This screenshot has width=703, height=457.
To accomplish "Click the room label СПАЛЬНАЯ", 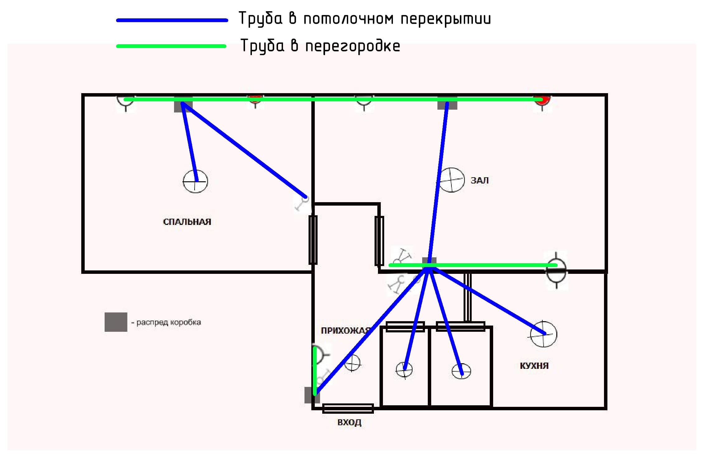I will pyautogui.click(x=187, y=222).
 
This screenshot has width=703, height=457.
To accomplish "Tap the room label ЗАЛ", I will pyautogui.click(x=479, y=180).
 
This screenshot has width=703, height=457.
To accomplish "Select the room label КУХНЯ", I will pyautogui.click(x=534, y=365).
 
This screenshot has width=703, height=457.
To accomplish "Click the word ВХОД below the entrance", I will pyautogui.click(x=349, y=422).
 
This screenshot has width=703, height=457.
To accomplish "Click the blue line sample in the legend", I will pyautogui.click(x=172, y=20).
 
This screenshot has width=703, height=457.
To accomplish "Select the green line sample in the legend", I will pyautogui.click(x=171, y=46).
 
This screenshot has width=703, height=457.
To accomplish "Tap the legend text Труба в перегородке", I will pyautogui.click(x=320, y=46).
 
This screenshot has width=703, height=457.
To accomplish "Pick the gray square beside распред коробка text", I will pyautogui.click(x=116, y=322).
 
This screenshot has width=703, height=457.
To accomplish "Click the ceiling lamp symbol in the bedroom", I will pyautogui.click(x=195, y=181).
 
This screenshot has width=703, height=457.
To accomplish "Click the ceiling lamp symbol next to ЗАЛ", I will pyautogui.click(x=451, y=180).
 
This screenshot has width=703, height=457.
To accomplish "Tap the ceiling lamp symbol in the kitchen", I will pyautogui.click(x=544, y=334).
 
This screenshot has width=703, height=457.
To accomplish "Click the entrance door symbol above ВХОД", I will pyautogui.click(x=348, y=408).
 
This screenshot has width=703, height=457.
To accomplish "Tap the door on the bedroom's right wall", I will pyautogui.click(x=313, y=240).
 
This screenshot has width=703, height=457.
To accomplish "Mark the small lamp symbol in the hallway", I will pyautogui.click(x=352, y=363).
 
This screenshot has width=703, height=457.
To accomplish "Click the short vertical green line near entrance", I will pyautogui.click(x=315, y=371).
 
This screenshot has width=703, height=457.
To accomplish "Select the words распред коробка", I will pyautogui.click(x=168, y=322).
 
